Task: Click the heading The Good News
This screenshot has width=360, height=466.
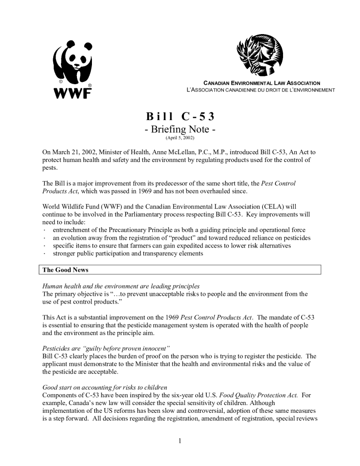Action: (x=65, y=270)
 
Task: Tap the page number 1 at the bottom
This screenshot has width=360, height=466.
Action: (x=180, y=440)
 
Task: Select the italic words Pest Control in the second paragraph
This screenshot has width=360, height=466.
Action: (x=279, y=183)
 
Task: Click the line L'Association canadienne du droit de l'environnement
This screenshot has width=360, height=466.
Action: (x=261, y=90)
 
